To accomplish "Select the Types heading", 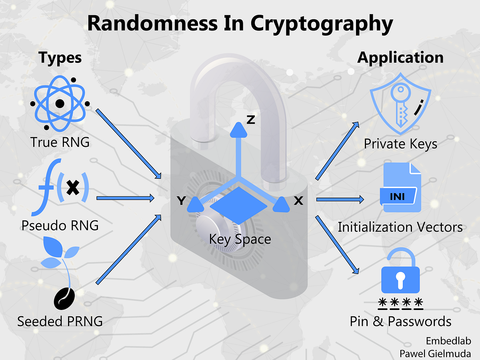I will click(x=60, y=58).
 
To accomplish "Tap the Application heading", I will click(x=400, y=58).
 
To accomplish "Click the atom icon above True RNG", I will click(x=60, y=104).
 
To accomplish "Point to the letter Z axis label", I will click(x=251, y=119).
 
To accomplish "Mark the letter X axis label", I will click(x=298, y=201).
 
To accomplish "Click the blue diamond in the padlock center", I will click(x=239, y=205).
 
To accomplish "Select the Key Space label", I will click(x=240, y=239).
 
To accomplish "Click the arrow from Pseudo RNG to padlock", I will click(x=126, y=198).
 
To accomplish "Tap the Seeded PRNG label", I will click(x=60, y=321).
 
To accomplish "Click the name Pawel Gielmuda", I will click(x=435, y=353).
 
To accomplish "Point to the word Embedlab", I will click(x=448, y=341).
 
